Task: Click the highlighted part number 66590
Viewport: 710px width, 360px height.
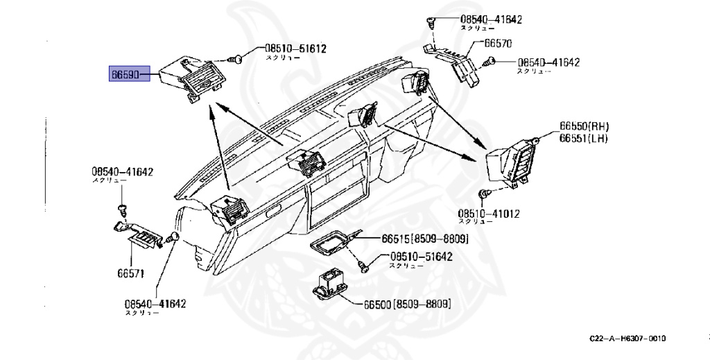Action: click(129, 73)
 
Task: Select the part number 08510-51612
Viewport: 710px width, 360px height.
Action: click(295, 49)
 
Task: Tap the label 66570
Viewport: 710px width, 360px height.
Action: click(497, 43)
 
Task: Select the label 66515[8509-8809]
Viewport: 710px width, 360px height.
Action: click(424, 239)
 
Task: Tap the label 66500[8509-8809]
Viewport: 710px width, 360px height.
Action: click(407, 304)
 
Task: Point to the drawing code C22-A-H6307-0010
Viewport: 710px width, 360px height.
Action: click(627, 338)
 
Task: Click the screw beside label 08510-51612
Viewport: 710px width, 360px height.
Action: click(237, 60)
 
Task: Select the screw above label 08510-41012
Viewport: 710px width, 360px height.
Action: click(485, 193)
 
